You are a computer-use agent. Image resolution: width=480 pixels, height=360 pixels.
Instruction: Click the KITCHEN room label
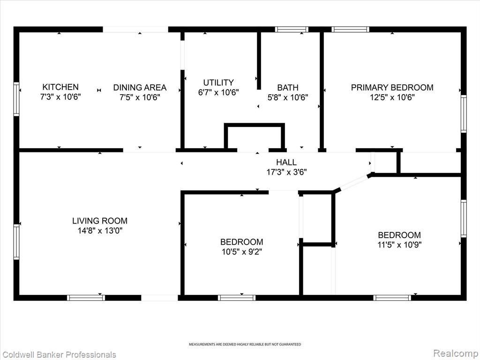[60, 87]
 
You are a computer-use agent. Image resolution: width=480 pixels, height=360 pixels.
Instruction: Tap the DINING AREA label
[140, 88]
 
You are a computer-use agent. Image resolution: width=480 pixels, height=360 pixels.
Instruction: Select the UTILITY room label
[218, 82]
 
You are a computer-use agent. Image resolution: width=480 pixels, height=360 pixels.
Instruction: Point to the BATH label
[288, 88]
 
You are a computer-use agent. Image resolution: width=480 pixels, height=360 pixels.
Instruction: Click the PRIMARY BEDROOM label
[392, 88]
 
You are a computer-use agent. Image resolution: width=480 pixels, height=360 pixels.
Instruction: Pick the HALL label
[286, 162]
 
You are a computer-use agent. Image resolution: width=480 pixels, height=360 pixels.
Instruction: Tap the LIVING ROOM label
[100, 221]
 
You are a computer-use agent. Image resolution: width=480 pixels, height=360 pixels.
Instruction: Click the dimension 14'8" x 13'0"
[100, 231]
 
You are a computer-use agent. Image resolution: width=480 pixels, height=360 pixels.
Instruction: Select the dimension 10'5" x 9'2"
[242, 252]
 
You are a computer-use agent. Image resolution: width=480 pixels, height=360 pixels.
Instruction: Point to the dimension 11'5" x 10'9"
[399, 245]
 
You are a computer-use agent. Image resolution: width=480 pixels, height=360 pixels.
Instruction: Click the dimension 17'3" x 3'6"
[286, 172]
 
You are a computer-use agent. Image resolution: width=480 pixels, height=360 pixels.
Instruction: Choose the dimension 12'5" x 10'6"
[392, 97]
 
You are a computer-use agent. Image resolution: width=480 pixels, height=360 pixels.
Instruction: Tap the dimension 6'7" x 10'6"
[218, 92]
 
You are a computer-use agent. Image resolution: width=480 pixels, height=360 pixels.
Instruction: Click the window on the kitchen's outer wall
[16, 99]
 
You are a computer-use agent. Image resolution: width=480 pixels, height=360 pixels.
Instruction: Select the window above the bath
[292, 30]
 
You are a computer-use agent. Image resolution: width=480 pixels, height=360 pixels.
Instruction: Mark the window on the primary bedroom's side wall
[464, 113]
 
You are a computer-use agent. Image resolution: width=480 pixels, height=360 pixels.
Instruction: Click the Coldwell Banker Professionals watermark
[58, 355]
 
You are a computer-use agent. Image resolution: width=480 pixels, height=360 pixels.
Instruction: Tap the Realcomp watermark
[456, 353]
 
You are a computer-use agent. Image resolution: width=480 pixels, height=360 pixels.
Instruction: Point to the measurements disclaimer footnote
[245, 345]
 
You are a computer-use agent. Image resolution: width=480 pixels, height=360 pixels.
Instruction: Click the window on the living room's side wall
[16, 242]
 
